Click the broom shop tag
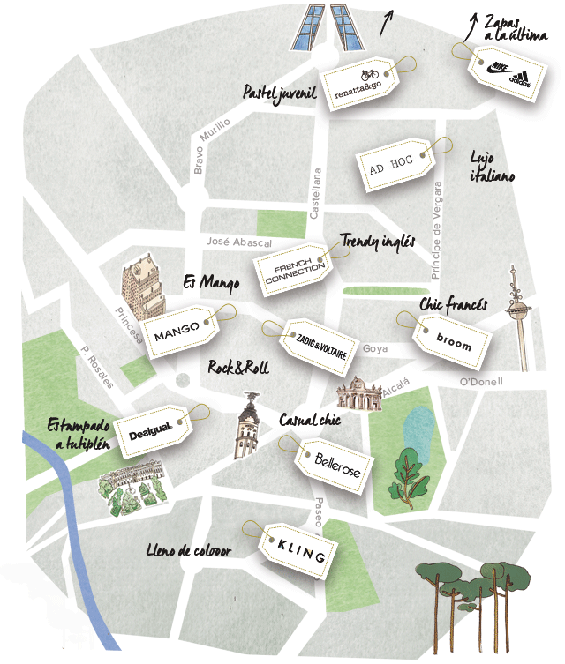[453, 343]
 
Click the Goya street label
[375, 348]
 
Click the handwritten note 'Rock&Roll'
[238, 368]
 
